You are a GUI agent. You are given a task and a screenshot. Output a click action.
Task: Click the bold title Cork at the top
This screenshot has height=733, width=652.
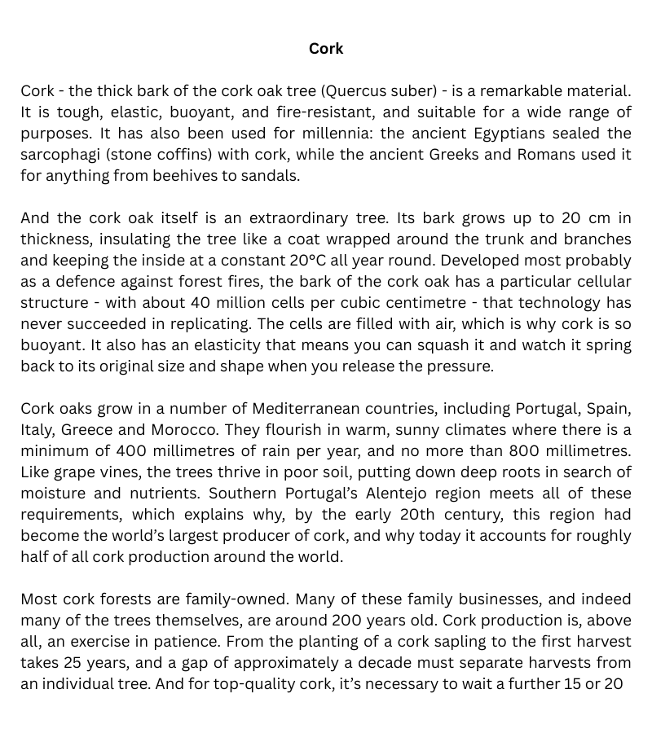tap(326, 49)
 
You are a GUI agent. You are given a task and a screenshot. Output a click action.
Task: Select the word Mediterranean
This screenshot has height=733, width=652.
tap(317, 408)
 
